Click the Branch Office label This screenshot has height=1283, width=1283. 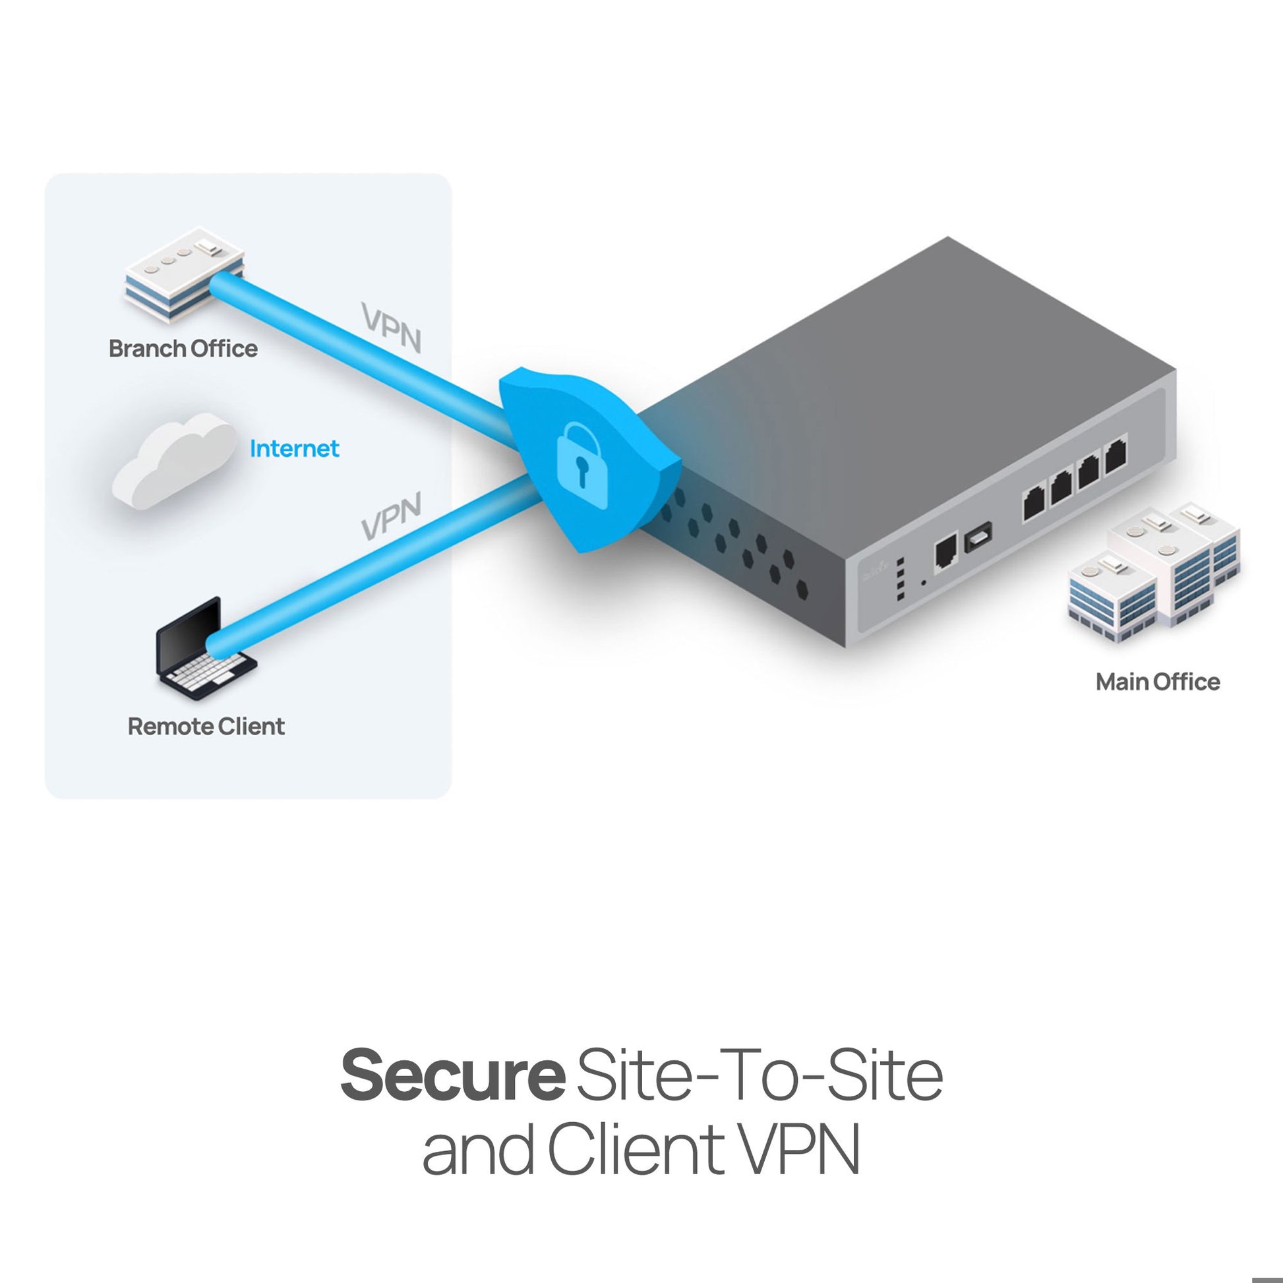[x=183, y=349]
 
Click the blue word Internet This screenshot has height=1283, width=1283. [x=294, y=449]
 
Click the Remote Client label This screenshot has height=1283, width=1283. [x=206, y=727]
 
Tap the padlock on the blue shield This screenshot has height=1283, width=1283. [x=583, y=465]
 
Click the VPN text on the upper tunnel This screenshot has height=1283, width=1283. [x=392, y=328]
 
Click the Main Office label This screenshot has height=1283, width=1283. [x=1158, y=682]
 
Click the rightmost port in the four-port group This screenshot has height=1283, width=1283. [x=1116, y=457]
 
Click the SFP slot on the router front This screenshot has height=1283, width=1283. [x=979, y=537]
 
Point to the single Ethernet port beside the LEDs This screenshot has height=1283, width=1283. [x=945, y=554]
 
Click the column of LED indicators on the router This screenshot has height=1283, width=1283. [x=901, y=579]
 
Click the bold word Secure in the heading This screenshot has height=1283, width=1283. [x=452, y=1075]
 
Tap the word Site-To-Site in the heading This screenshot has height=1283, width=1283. [x=759, y=1075]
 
